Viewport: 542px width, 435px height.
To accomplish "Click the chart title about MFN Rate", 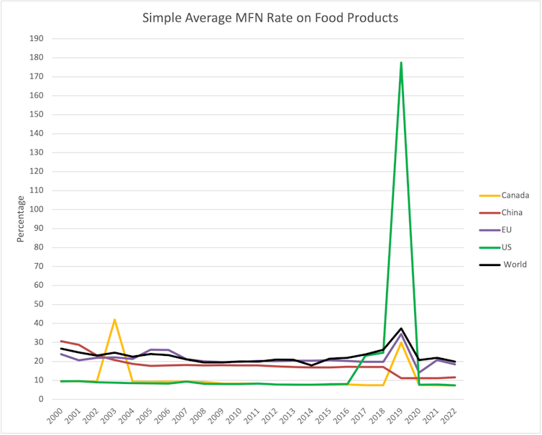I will pyautogui.click(x=270, y=17).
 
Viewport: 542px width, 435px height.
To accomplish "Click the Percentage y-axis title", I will pyautogui.click(x=20, y=219).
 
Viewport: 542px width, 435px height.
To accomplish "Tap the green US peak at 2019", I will pyautogui.click(x=400, y=63).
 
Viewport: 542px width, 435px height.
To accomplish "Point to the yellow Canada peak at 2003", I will pyautogui.click(x=114, y=320).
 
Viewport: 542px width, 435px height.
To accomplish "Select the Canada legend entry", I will pyautogui.click(x=515, y=195).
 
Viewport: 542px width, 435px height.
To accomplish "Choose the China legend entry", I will pyautogui.click(x=513, y=212).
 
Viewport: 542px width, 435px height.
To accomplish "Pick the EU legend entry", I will pyautogui.click(x=507, y=229).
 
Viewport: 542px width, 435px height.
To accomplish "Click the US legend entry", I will pyautogui.click(x=507, y=247).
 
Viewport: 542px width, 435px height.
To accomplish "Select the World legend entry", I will pyautogui.click(x=514, y=265).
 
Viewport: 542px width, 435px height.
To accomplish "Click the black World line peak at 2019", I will pyautogui.click(x=401, y=329).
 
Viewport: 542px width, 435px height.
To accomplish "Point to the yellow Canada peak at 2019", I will pyautogui.click(x=401, y=342).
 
